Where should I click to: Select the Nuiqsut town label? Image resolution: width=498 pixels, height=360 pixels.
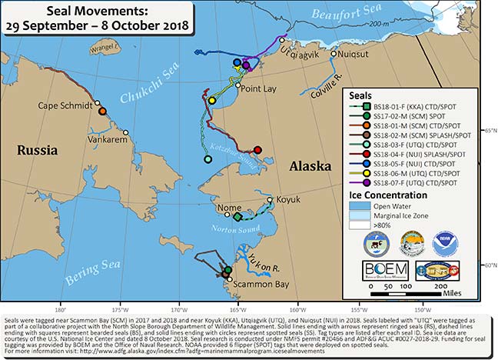356,54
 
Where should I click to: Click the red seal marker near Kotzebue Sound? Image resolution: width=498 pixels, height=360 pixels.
257,150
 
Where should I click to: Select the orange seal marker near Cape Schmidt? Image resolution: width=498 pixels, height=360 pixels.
102,112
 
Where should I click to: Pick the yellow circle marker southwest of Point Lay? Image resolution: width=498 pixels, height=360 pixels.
212,100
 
